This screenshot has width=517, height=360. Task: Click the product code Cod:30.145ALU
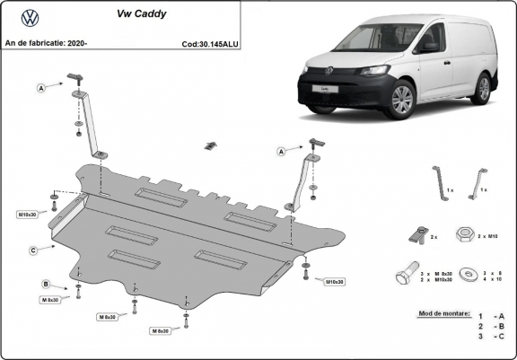pos(209,41)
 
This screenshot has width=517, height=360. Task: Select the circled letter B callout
pos(45,284)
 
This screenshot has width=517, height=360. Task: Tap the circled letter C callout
pos(32,250)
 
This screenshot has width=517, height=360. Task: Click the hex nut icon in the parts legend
pos(465,235)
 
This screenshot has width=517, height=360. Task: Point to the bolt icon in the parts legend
pos(407,274)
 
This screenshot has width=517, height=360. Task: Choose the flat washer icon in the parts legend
pos(466,274)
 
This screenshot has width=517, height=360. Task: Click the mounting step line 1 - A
pos(491,317)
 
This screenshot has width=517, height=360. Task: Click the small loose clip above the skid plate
pos(212,145)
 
